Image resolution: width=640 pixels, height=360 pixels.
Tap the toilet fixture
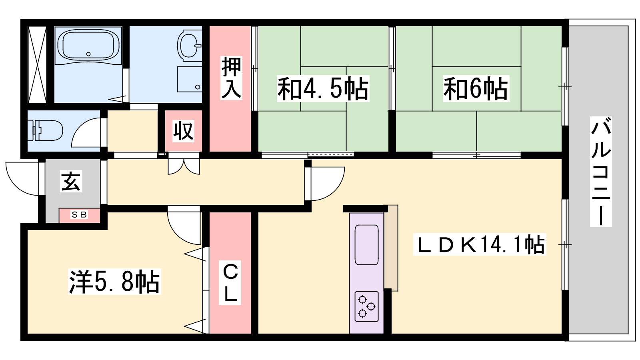pos(45,130)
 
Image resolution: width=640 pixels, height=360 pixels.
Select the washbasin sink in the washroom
pos(190,46)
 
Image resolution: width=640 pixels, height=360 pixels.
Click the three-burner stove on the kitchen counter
pos(366,306)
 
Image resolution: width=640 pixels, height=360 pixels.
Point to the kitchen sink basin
pos(366,245)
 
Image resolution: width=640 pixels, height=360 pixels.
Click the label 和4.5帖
pos(323,89)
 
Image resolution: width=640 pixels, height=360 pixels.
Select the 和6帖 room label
pos(476,89)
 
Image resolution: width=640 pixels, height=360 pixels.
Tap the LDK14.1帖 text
pos(480,244)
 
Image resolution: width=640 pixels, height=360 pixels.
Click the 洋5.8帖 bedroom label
pos(114,282)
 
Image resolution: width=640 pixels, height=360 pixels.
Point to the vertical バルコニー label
pos(601,172)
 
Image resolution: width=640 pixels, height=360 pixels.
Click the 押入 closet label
pos(231,78)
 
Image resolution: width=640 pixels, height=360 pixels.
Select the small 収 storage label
pos(183,131)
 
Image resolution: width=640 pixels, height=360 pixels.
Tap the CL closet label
pos(230,282)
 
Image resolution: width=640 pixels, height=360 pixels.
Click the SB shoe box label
pos(79,214)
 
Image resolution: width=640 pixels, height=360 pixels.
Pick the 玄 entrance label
pos(71,181)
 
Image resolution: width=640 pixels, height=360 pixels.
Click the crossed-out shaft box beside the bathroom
pos(37,64)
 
